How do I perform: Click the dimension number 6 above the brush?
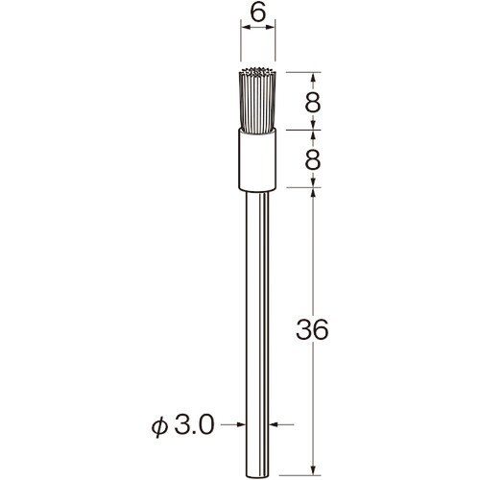(x=258, y=13)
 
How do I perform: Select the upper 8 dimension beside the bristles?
(x=312, y=103)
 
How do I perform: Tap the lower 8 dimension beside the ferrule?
(x=312, y=160)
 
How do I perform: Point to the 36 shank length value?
(x=312, y=329)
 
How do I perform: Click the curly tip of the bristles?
(x=258, y=72)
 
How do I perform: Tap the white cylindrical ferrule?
(x=257, y=159)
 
